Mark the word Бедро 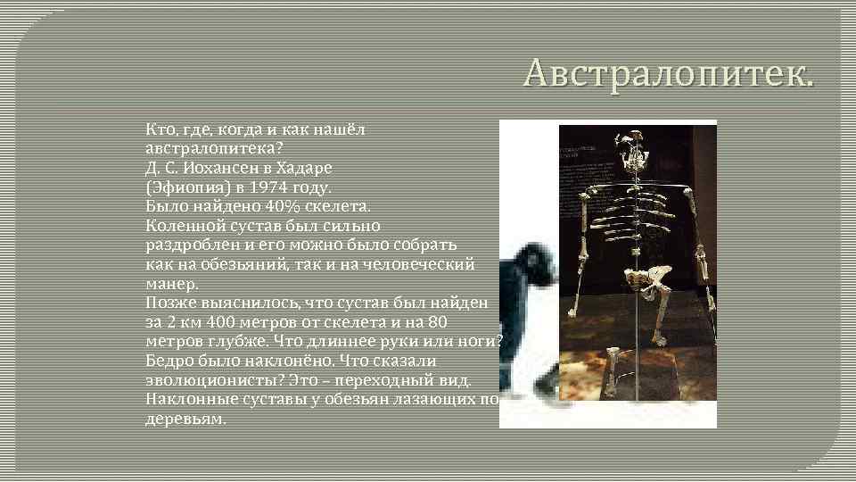pos(169,361)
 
